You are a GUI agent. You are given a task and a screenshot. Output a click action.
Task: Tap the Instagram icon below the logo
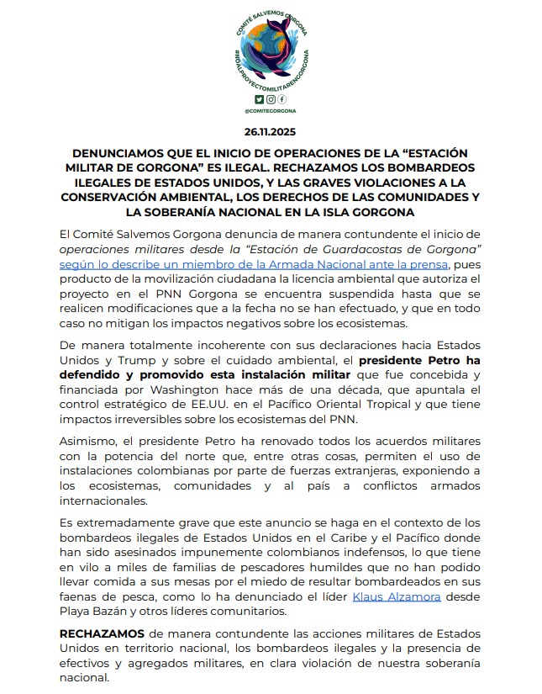point(270,99)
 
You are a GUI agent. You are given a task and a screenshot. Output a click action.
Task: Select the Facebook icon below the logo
point(281,99)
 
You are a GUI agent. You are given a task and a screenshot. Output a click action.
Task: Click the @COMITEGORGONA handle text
point(270,110)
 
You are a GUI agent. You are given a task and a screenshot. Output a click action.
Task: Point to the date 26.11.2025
point(270,133)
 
